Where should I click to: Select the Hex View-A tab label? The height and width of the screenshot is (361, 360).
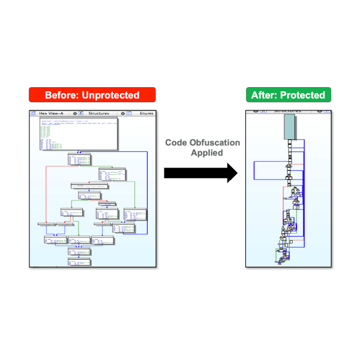pyautogui.click(x=52, y=113)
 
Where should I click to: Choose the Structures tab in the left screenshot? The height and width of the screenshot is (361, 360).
pyautogui.click(x=98, y=113)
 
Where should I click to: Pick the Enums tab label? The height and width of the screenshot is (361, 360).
pyautogui.click(x=146, y=113)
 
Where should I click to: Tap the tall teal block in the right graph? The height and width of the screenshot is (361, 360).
pyautogui.click(x=289, y=127)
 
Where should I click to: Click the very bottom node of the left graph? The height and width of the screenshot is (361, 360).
pyautogui.click(x=79, y=262)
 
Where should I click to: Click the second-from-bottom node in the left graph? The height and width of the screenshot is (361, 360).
pyautogui.click(x=79, y=250)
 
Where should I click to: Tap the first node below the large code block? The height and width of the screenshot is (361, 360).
pyautogui.click(x=79, y=159)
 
